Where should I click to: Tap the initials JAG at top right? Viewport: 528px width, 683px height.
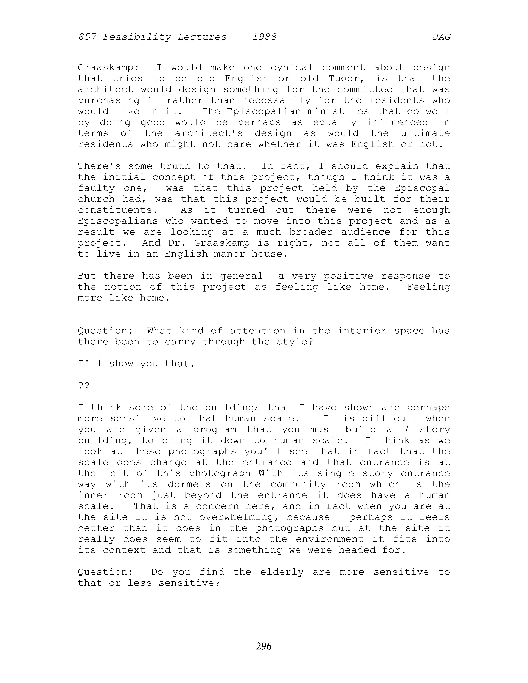(x=441, y=37)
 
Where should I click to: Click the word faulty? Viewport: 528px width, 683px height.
(x=96, y=188)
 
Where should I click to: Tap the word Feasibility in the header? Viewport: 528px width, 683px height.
(x=137, y=37)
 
